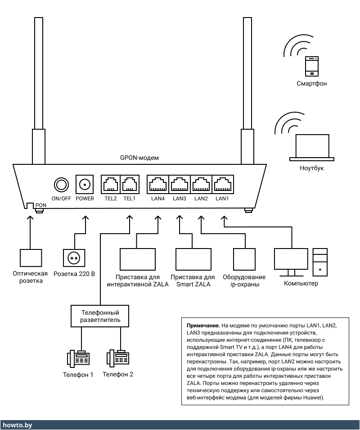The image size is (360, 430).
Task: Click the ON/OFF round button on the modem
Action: [x=61, y=184]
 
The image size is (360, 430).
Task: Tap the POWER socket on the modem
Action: [x=85, y=184]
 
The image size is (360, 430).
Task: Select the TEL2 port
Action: [x=110, y=184]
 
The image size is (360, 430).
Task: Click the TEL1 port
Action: [x=130, y=184]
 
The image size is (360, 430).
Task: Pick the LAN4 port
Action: [x=157, y=184]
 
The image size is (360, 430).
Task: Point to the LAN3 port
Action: [x=179, y=184]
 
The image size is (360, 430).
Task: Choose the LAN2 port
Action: [x=201, y=184]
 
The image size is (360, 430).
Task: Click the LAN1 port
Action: [x=222, y=184]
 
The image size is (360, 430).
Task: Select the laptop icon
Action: [x=312, y=147]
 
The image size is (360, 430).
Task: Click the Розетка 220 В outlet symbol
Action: [x=74, y=258]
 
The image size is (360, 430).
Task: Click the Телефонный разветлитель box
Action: [x=99, y=316]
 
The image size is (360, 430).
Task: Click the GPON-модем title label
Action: [x=139, y=158]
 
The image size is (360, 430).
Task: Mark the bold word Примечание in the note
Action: [x=201, y=325]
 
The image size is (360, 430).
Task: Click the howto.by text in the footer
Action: [x=17, y=425]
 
